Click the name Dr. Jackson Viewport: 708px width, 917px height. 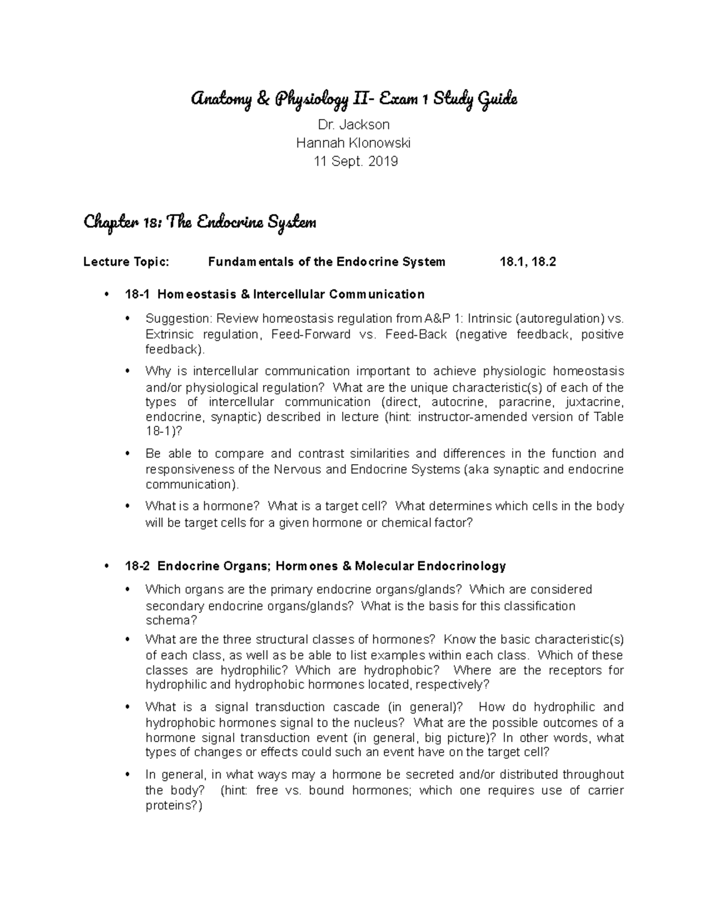point(353,125)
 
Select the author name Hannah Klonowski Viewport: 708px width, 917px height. point(353,143)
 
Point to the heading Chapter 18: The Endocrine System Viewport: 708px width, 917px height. point(200,223)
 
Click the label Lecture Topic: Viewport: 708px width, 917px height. point(126,262)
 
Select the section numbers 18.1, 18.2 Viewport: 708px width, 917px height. point(527,262)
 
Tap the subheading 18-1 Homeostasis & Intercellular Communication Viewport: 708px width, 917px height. point(274,294)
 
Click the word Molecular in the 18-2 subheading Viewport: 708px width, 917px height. point(383,566)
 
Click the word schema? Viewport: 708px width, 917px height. point(171,621)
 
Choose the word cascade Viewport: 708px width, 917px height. point(353,707)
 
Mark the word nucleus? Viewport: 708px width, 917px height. point(383,723)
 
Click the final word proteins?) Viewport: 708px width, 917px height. point(173,806)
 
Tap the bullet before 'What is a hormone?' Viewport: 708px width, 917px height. point(128,506)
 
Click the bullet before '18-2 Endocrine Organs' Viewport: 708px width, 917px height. point(107,566)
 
